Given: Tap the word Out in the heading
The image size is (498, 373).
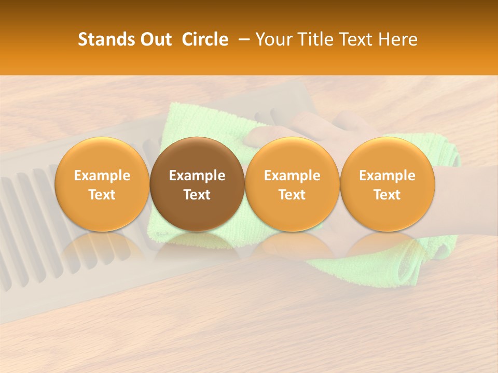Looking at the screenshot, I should click(155, 39).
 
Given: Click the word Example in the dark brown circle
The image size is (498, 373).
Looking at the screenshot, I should click(197, 176).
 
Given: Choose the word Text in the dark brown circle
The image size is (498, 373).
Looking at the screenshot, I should click(197, 195).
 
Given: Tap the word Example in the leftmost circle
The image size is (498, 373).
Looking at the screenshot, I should click(102, 176).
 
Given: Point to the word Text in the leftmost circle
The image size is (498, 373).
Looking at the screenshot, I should click(102, 195).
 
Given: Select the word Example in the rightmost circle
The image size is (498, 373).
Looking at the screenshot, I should click(387, 176).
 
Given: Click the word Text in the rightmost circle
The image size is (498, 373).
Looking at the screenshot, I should click(387, 195).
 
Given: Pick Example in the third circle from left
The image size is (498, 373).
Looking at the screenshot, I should click(292, 176).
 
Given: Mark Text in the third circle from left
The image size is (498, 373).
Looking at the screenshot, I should click(292, 195).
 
